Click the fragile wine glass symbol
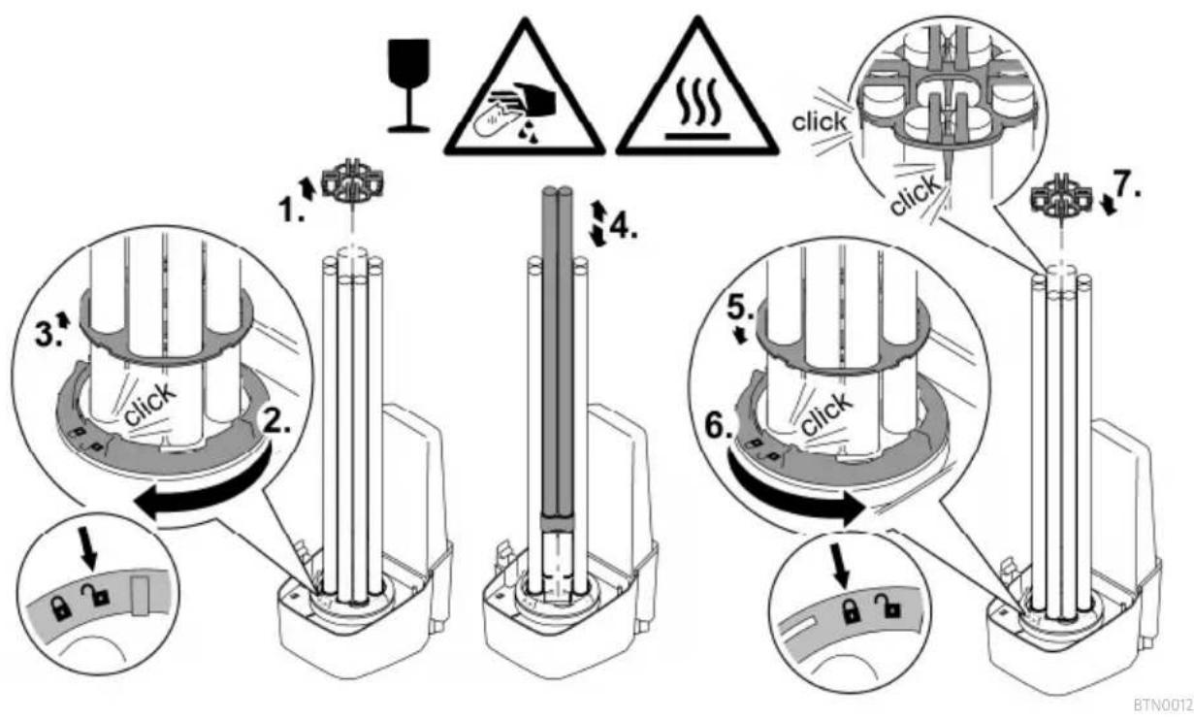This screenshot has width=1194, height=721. click(x=407, y=85)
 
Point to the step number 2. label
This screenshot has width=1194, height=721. click(x=277, y=423)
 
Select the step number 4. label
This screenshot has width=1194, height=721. click(x=623, y=228)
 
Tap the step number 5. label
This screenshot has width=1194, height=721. click(x=741, y=309)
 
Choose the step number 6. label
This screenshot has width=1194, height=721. click(x=719, y=427)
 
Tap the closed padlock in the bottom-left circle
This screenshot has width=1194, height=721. click(x=60, y=608)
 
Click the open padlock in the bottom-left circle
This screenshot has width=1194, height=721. click(x=95, y=595)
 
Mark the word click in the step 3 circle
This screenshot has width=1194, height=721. click(x=149, y=404)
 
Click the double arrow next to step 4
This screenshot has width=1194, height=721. click(x=598, y=223)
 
